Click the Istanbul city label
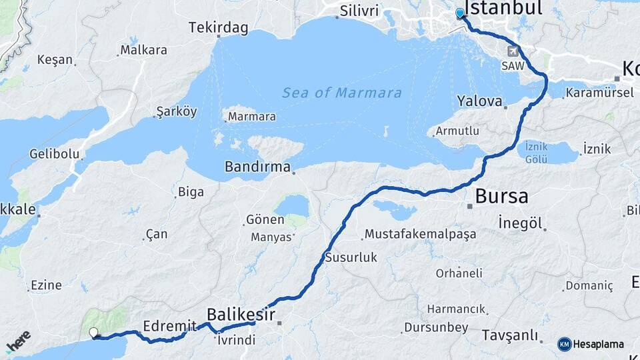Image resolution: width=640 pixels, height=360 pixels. tap(503, 7)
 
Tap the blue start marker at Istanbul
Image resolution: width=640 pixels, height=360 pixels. tap(459, 13)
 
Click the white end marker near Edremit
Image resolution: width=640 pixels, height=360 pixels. tap(93, 332)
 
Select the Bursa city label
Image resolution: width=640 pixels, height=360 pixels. tap(501, 197)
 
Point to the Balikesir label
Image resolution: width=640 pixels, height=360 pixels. tap(241, 314)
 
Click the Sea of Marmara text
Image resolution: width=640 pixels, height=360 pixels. tap(341, 93)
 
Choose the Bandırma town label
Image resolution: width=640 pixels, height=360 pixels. tap(257, 167)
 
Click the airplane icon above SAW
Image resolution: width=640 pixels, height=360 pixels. tap(513, 51)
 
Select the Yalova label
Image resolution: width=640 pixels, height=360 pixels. tap(479, 101)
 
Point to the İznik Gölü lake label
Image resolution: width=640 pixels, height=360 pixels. tap(536, 153)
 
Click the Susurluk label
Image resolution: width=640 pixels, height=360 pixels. tap(351, 257)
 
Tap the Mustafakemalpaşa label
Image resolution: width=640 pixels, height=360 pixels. tap(420, 235)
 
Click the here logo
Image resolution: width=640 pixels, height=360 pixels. tap(18, 341)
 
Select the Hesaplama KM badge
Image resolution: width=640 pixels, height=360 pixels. tap(591, 344)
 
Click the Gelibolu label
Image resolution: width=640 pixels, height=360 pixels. tap(55, 154)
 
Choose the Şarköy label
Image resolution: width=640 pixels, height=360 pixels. tap(177, 111)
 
